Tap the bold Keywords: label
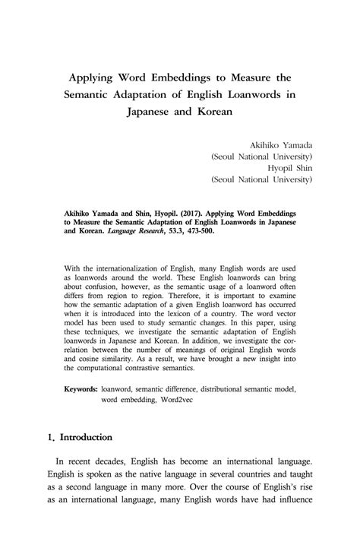(81, 388)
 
